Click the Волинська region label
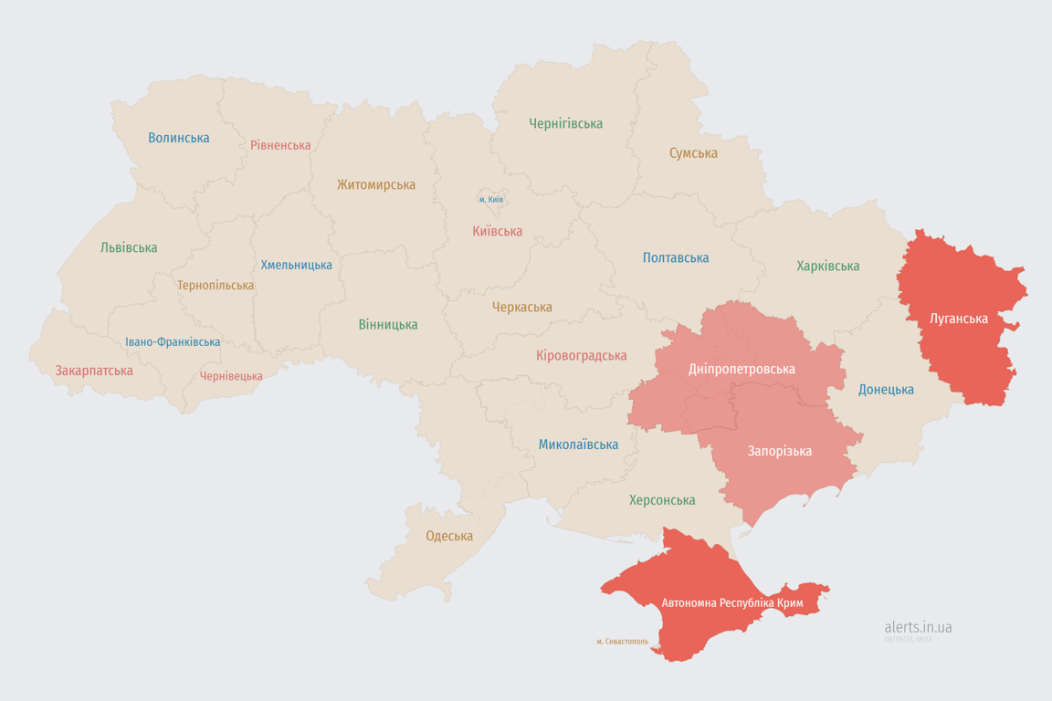(x=179, y=138)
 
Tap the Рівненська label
(x=280, y=145)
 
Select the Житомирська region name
(x=375, y=184)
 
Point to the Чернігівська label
(x=565, y=123)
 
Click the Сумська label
(x=693, y=152)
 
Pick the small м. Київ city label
(x=490, y=199)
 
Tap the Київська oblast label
(x=497, y=231)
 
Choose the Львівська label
(x=129, y=247)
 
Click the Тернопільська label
(x=216, y=285)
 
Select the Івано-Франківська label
(x=173, y=342)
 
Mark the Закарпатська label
(x=94, y=371)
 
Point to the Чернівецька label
(x=231, y=376)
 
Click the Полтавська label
(x=676, y=257)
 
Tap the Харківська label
(x=827, y=266)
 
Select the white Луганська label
(x=958, y=319)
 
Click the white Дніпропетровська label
(x=742, y=369)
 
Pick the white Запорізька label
(x=779, y=451)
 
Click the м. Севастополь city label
(x=622, y=642)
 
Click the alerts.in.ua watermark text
(x=918, y=627)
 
